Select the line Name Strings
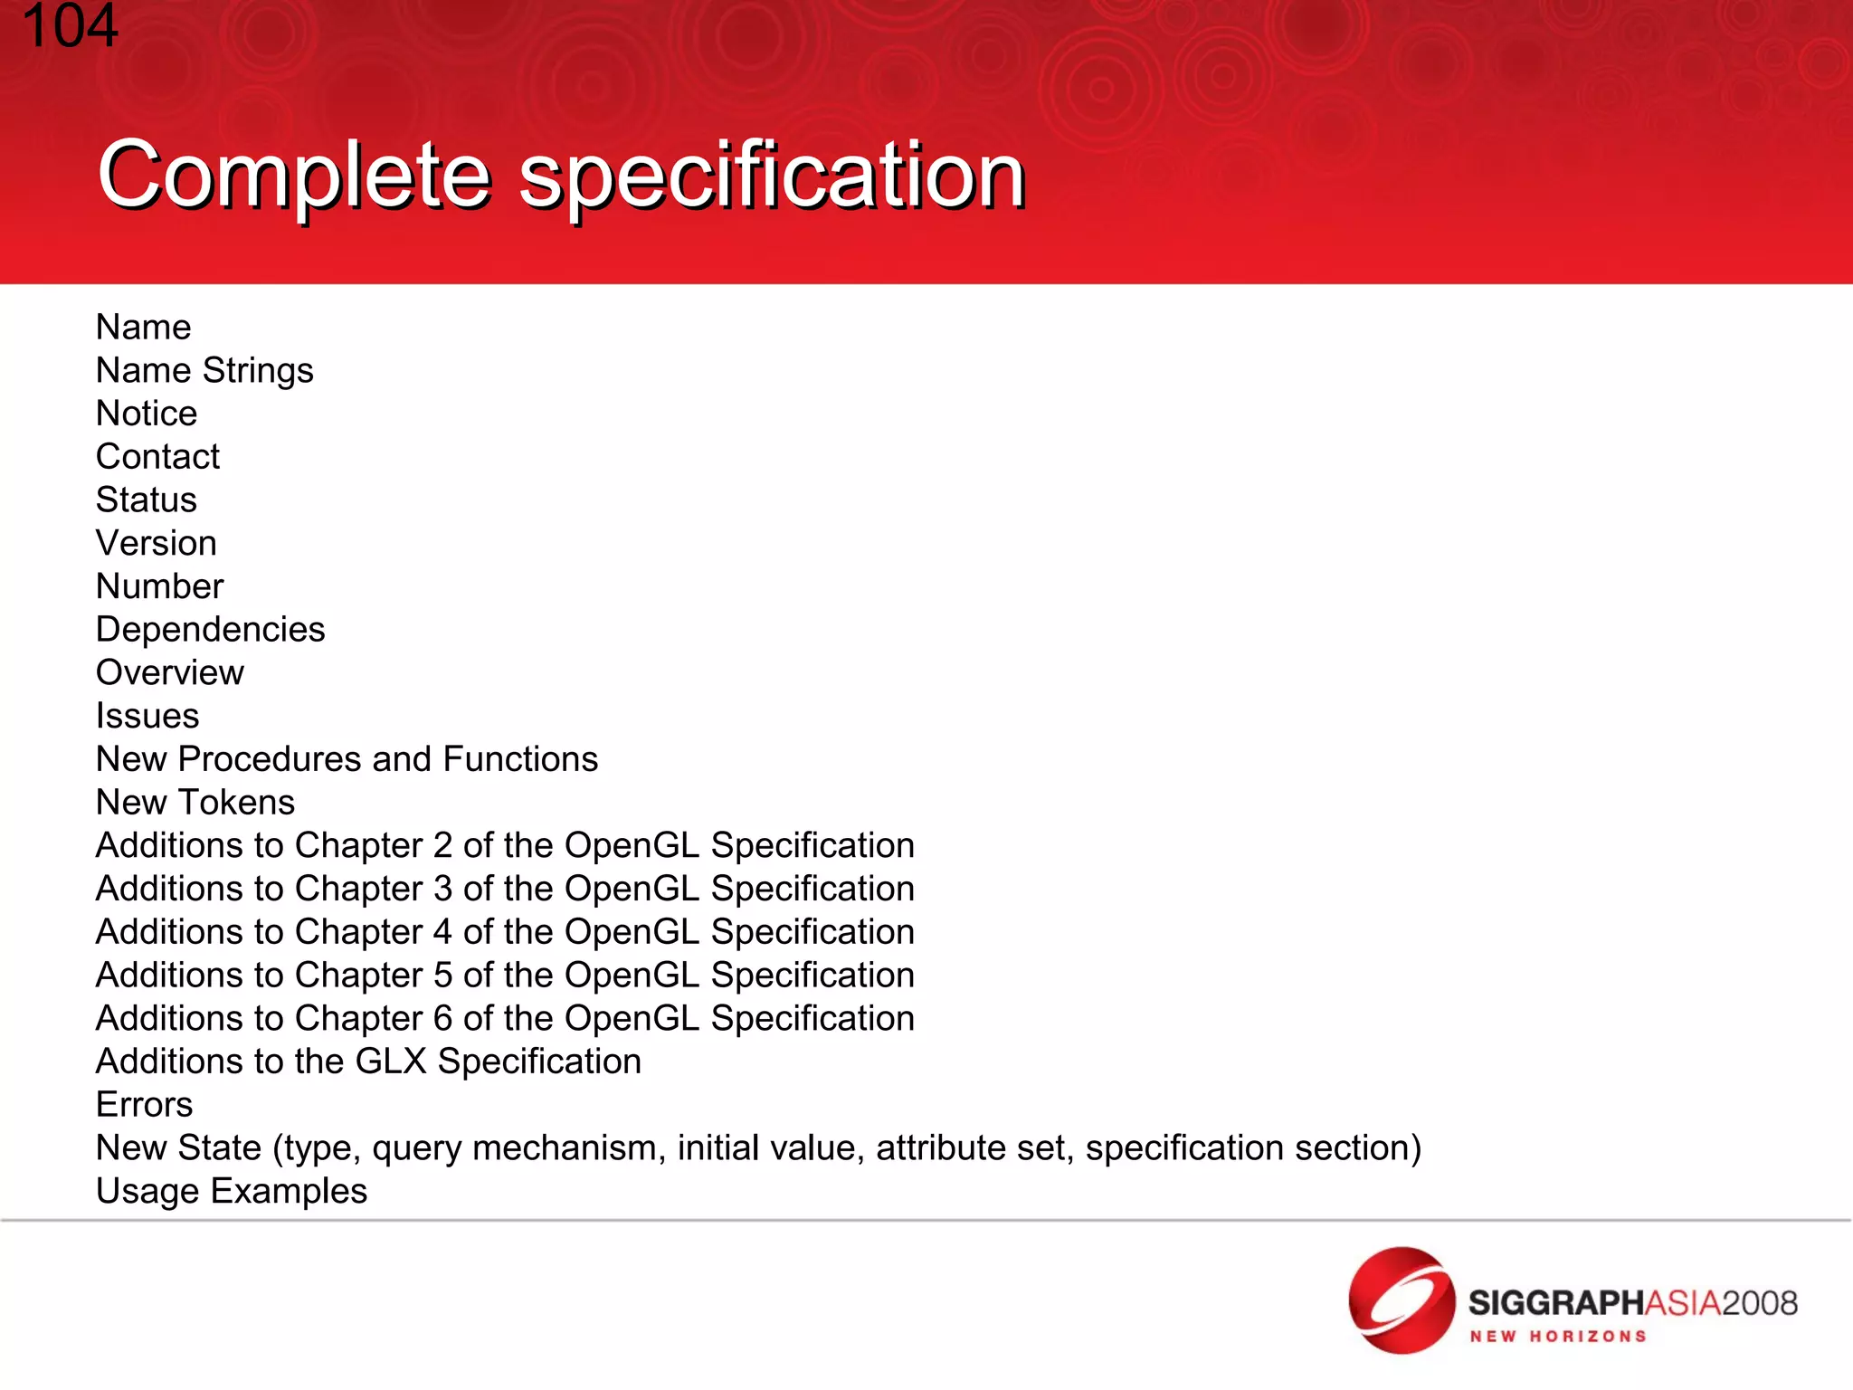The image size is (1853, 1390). tap(204, 371)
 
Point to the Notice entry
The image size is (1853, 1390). tap(147, 414)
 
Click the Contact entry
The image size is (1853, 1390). tap(157, 457)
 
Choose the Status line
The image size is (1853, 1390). tap(147, 500)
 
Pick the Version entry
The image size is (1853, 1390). tap(157, 544)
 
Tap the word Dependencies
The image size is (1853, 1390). tap(210, 630)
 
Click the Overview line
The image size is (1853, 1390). tap(170, 673)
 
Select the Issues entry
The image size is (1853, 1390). tap(147, 717)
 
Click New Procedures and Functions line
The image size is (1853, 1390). tap(347, 759)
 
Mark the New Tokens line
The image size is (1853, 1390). tap(195, 803)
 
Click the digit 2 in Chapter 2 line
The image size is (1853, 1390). tap(442, 846)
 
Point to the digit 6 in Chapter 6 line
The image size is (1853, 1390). tap(442, 1019)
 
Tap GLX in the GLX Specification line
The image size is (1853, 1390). tap(391, 1062)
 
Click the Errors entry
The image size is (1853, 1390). tap(145, 1105)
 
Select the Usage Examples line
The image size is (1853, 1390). tap(232, 1192)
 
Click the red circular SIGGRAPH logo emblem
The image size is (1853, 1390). tap(1401, 1300)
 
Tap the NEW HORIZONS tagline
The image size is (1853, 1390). tap(1557, 1337)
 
